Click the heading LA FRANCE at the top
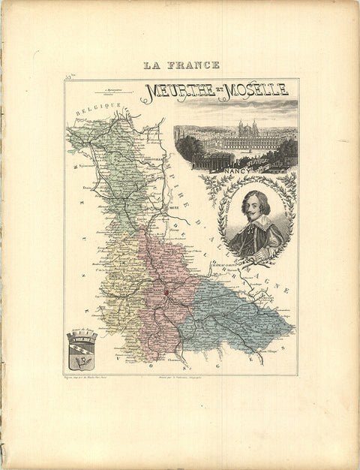181,65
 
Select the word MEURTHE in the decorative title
178,91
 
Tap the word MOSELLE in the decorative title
255,89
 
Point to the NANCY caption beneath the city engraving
235,170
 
